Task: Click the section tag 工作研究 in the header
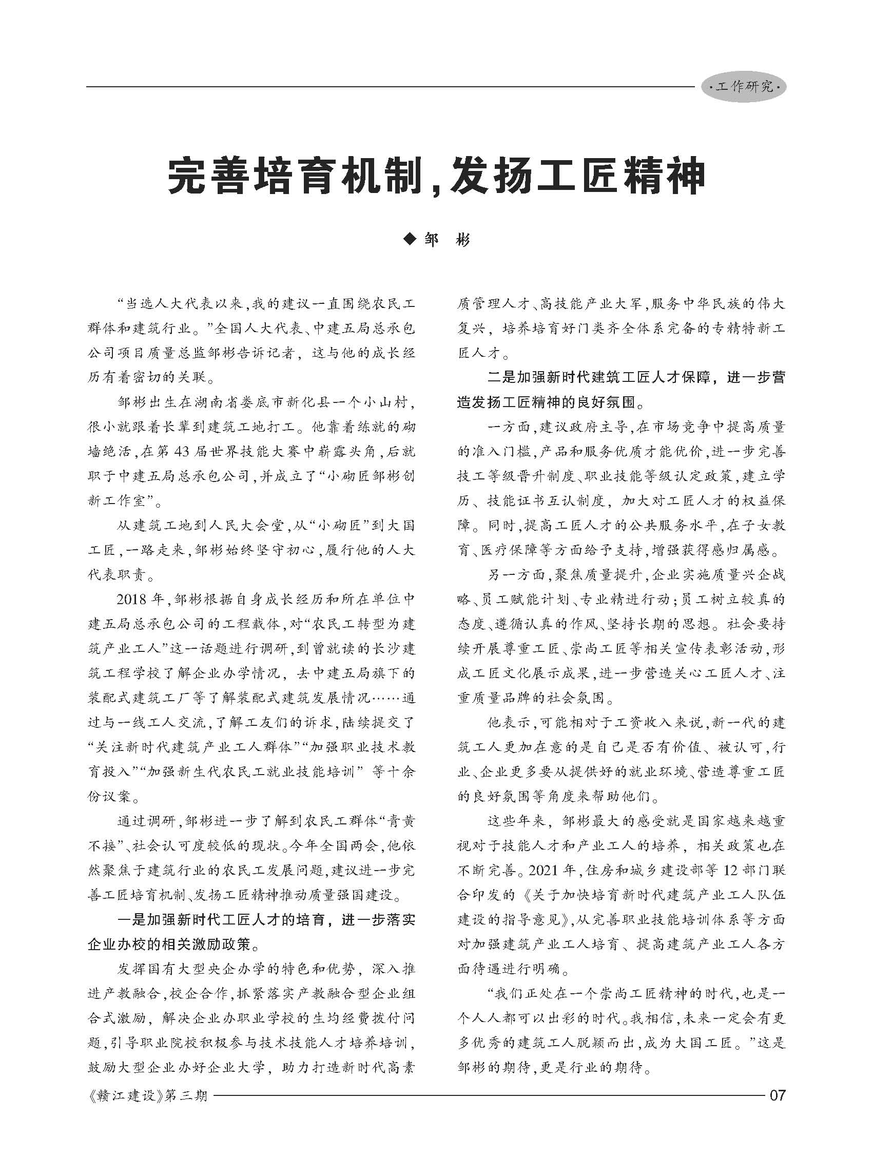click(744, 87)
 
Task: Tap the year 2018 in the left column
click(134, 600)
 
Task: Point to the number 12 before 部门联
click(730, 870)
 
